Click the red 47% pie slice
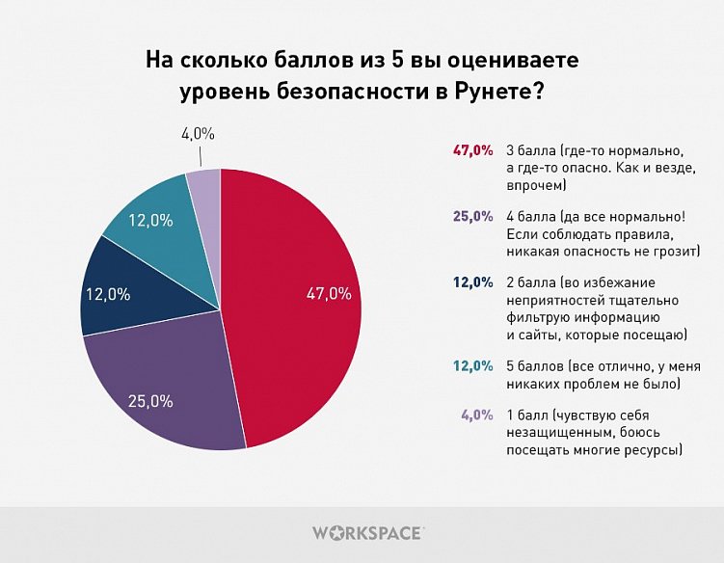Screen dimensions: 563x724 pyautogui.click(x=299, y=318)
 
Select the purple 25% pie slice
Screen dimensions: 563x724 pyautogui.click(x=164, y=386)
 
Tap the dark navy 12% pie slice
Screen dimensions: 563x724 pyautogui.click(x=116, y=289)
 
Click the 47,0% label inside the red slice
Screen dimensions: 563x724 pyautogui.click(x=328, y=294)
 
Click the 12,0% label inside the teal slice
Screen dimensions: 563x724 pyautogui.click(x=150, y=220)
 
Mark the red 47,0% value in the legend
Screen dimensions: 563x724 pyautogui.click(x=472, y=151)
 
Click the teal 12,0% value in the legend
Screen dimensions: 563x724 pyautogui.click(x=472, y=367)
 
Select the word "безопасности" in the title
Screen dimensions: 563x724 pyautogui.click(x=331, y=94)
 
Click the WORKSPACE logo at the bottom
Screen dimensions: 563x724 pyautogui.click(x=367, y=531)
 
